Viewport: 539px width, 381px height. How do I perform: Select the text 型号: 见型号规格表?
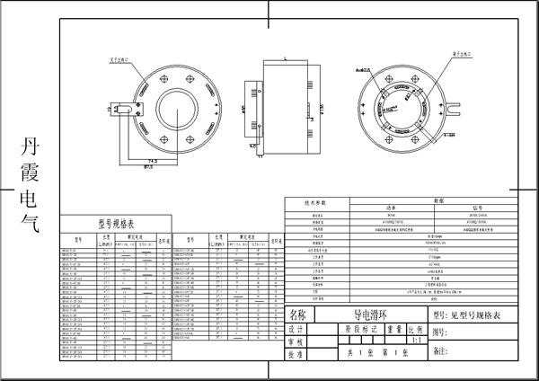point(473,315)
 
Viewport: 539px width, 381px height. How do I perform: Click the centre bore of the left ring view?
point(175,116)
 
